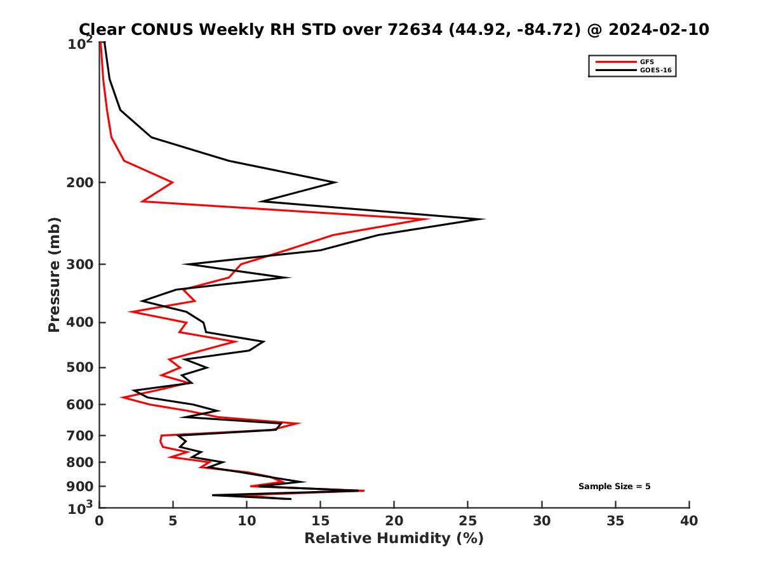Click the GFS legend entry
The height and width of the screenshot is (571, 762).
pyautogui.click(x=647, y=62)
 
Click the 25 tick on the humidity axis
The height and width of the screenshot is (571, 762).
pyautogui.click(x=468, y=521)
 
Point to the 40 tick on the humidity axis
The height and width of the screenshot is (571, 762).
pyautogui.click(x=689, y=521)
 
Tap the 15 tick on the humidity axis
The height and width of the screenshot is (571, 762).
pyautogui.click(x=320, y=521)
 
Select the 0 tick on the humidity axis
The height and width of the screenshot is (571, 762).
pyautogui.click(x=99, y=521)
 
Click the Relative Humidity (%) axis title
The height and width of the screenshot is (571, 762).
pyautogui.click(x=394, y=539)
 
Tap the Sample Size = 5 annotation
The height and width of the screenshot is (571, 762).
pyautogui.click(x=614, y=487)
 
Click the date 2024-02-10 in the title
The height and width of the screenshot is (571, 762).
pyautogui.click(x=657, y=29)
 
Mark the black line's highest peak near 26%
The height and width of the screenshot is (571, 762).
pyautogui.click(x=484, y=220)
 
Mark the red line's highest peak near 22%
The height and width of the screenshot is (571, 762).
pyautogui.click(x=429, y=220)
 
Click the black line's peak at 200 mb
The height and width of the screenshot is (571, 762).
pyautogui.click(x=336, y=183)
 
